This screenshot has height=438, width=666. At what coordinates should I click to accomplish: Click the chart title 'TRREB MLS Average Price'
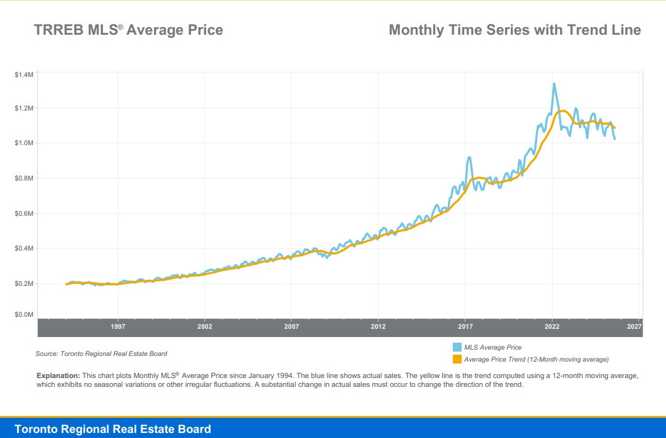coord(128,30)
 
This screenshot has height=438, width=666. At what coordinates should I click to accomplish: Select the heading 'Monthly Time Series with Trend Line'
coord(515,30)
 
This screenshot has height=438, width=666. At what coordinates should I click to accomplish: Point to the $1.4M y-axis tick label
coord(23,74)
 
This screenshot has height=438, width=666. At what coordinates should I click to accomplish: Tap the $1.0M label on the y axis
coord(23,143)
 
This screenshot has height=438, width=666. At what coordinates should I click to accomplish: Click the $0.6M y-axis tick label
coord(23,213)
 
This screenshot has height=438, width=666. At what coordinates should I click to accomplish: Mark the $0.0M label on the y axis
coord(23,314)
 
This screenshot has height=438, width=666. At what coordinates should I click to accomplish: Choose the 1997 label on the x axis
coord(118,327)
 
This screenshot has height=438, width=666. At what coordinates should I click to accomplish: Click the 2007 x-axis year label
coord(291,327)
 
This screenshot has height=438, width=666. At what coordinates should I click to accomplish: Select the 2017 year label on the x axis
coord(465,327)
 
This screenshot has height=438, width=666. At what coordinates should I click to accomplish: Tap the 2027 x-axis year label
coord(634,327)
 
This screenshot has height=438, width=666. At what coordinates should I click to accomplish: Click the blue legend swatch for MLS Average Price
coord(457,347)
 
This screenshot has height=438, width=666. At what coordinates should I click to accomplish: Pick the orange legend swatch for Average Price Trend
coord(457,359)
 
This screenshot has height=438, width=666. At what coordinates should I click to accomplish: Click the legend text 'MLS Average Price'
coord(493,347)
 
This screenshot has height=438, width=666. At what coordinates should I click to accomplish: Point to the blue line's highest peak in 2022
coord(554,83)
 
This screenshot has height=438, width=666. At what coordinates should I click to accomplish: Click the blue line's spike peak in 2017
coord(469,158)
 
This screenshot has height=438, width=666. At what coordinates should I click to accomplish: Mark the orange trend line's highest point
coord(562,110)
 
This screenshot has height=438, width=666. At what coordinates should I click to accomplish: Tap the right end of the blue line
coord(614,139)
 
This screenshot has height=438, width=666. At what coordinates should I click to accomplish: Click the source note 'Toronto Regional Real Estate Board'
coord(102,353)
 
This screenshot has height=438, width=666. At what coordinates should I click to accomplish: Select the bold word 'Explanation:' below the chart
coord(58,376)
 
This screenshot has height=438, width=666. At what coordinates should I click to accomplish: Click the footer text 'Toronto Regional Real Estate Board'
coord(113,429)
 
